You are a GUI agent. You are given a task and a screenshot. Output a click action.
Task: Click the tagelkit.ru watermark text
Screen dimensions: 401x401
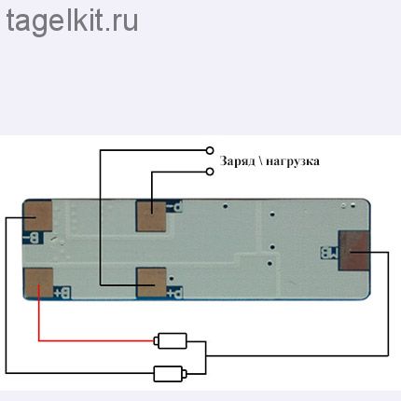[72, 21]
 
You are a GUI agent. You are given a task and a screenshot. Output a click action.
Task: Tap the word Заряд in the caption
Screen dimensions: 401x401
[237, 161]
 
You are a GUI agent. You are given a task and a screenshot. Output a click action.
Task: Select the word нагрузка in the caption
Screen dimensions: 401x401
[293, 162]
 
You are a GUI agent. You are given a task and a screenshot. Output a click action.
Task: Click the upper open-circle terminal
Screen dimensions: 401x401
[210, 150]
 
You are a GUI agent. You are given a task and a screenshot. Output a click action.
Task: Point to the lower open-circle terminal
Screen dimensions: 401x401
[210, 172]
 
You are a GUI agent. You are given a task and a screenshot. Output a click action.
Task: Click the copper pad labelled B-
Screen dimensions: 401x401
[38, 216]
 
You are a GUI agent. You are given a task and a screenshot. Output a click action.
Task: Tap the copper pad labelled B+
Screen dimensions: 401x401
[38, 283]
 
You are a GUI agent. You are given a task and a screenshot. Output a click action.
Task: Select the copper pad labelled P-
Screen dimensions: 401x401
[151, 216]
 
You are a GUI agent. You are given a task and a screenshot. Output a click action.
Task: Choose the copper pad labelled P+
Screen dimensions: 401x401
[151, 283]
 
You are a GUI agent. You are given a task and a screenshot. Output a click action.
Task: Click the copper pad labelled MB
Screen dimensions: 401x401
[353, 251]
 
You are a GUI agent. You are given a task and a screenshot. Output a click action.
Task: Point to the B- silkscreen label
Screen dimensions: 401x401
[33, 238]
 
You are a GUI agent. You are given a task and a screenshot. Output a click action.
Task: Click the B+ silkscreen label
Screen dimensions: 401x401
[62, 293]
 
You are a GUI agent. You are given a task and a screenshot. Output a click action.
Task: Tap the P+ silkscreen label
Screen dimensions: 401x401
[174, 293]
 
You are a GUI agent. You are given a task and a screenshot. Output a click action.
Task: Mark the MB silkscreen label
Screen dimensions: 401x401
[329, 253]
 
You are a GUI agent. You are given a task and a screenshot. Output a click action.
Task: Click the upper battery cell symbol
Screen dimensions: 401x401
[172, 341]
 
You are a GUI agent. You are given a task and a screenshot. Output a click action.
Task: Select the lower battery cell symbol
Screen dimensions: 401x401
[170, 374]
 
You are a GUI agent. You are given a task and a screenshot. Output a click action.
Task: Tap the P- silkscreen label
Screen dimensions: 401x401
[173, 206]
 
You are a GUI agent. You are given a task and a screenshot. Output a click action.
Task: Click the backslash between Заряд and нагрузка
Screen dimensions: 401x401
[260, 161]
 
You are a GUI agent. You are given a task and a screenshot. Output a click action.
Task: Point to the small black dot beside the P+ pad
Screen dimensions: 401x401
[171, 279]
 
